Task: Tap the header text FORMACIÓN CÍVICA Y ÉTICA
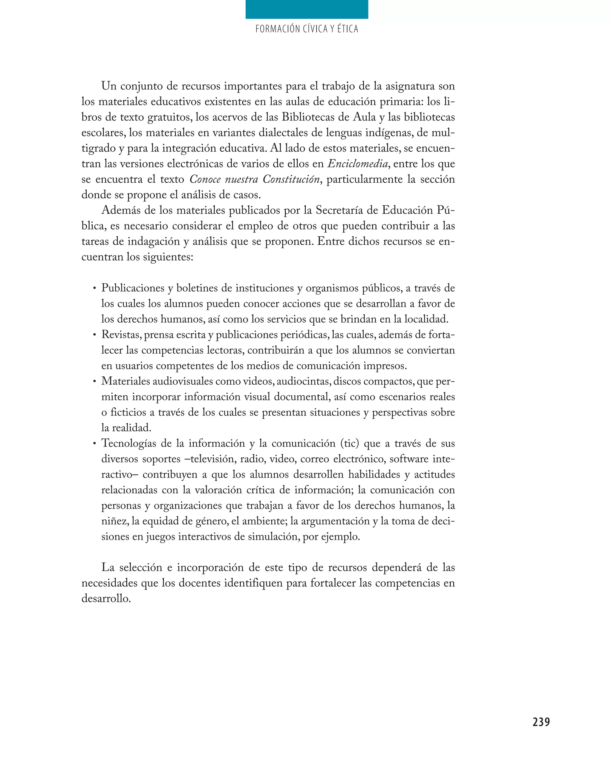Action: click(x=307, y=29)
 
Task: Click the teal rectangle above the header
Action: click(x=307, y=9)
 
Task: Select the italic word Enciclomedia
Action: click(x=357, y=164)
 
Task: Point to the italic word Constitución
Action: click(x=291, y=179)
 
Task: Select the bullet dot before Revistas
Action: click(x=94, y=335)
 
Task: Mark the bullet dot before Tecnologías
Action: click(x=94, y=443)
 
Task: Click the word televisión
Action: click(x=213, y=459)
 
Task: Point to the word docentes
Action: click(x=200, y=583)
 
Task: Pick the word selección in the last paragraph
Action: click(x=141, y=567)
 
